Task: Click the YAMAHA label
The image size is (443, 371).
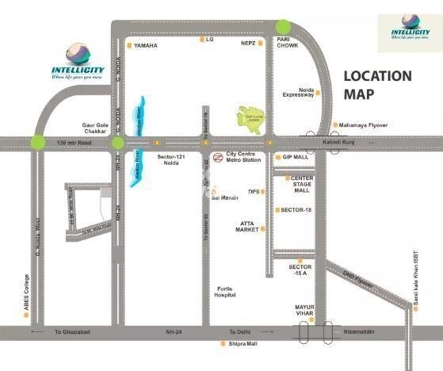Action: pos(146,46)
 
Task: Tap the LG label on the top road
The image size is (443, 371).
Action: pos(210,38)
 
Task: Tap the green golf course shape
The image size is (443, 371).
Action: pos(254,118)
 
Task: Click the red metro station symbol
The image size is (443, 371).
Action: pos(218,157)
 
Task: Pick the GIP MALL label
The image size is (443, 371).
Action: pos(295,157)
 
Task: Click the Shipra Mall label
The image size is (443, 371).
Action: pos(241,344)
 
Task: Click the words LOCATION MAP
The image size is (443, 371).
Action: pos(377,85)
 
